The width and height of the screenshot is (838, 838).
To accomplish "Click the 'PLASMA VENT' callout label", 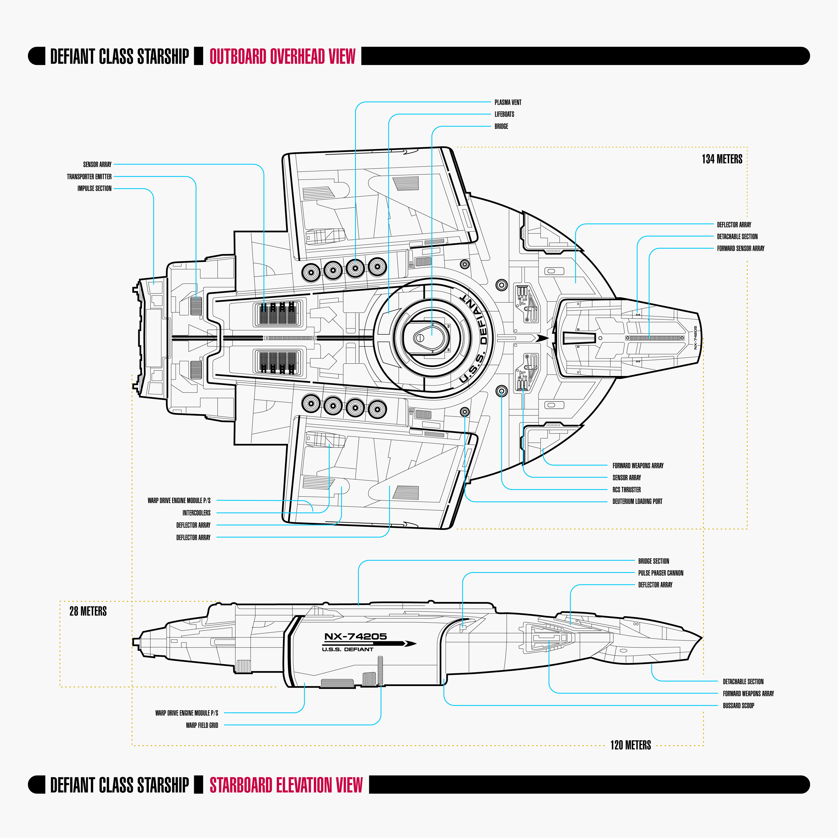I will (x=508, y=102).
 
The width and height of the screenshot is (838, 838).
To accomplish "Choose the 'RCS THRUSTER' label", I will (x=626, y=490).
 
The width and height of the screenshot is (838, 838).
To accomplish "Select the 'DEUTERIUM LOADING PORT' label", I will (x=637, y=501).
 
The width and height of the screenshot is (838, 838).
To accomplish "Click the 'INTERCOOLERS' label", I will (x=196, y=513).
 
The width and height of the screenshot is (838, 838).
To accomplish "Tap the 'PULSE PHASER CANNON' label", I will (x=661, y=573).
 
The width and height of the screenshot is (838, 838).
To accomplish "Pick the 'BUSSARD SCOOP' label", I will (x=738, y=706).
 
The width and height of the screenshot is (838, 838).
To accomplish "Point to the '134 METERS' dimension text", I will (x=722, y=159).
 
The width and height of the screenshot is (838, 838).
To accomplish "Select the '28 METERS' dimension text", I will (x=88, y=611).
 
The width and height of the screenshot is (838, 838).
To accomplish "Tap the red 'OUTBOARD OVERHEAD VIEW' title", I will (x=282, y=56).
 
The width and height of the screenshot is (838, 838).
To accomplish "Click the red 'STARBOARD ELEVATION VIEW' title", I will (x=286, y=785).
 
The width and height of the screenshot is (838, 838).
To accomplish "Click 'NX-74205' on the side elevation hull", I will (x=355, y=636).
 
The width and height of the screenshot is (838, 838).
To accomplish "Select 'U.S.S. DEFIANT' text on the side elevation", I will (x=347, y=649).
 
